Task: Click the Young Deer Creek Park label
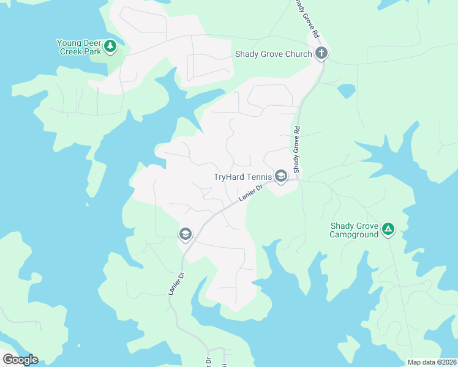(x=79, y=47)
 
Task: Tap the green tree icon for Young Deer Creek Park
(x=110, y=46)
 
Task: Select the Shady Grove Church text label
(x=274, y=54)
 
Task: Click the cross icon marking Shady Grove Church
(x=321, y=53)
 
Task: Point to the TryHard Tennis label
(x=242, y=177)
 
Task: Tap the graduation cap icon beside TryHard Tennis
(x=280, y=177)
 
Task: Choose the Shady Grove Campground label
(x=354, y=230)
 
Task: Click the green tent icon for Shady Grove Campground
(x=387, y=229)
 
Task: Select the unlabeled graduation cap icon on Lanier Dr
(x=185, y=234)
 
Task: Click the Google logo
(x=20, y=360)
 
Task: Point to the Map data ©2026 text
(x=431, y=362)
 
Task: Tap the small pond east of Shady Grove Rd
(x=346, y=91)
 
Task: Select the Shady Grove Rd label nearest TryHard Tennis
(x=296, y=149)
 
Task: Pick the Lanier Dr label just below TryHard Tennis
(x=250, y=195)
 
